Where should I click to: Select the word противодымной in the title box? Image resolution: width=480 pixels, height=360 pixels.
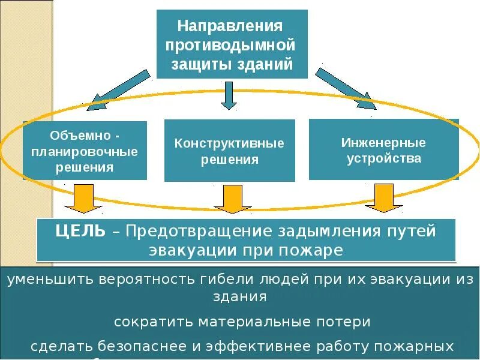tap(232, 46)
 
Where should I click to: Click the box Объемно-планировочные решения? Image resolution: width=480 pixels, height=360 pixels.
tap(85, 151)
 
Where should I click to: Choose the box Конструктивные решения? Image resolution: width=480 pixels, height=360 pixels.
tap(229, 151)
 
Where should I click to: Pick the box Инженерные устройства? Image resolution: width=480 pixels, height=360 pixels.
tap(383, 150)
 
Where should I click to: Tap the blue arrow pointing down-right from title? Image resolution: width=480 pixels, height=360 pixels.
tap(345, 88)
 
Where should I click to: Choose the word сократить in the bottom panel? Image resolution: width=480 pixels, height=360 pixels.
tap(151, 322)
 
